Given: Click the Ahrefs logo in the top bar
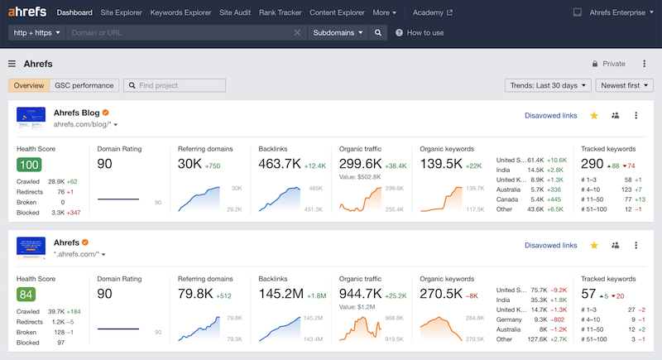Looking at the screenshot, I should pos(27,12).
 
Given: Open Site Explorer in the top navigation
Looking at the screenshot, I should pos(122,13).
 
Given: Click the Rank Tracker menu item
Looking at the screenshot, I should pos(279,13).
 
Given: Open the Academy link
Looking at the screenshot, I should pos(432,13).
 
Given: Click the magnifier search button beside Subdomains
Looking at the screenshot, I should pos(377,33).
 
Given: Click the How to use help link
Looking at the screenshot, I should pos(420,33).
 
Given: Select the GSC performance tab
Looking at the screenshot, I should pos(84,85).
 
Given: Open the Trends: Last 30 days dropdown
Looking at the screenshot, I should pos(549,85).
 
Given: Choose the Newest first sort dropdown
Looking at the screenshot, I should pos(626,85).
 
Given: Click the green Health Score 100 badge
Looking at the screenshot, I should pos(29,165).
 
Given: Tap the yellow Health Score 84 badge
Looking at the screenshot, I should pos(28,295).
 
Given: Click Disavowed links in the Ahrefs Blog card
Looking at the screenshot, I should pos(550,116).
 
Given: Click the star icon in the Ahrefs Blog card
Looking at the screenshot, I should pos(594,116).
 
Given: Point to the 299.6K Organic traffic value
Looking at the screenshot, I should pos(360,164).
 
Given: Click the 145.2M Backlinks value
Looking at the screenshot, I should pos(280,294).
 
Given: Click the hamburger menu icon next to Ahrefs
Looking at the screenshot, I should pos(12,64).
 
